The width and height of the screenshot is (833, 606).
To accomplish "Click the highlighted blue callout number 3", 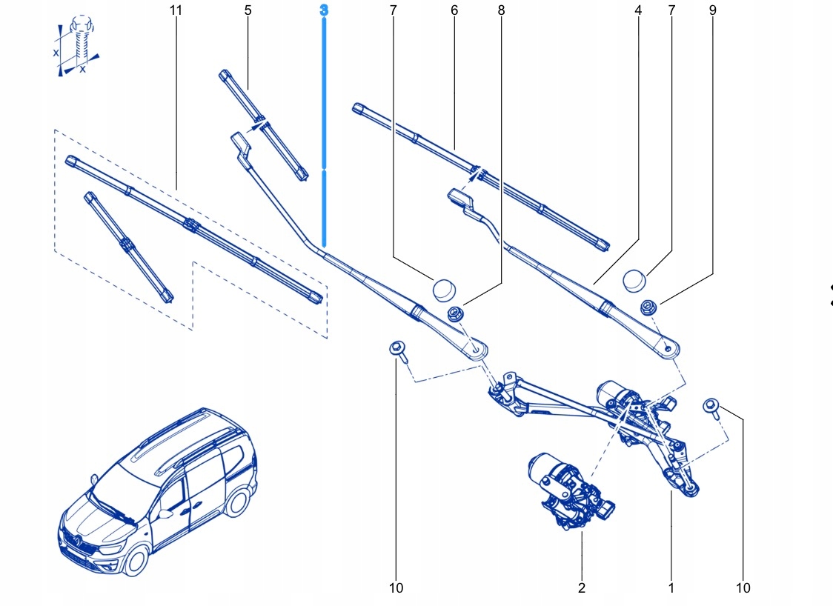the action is (x=324, y=10).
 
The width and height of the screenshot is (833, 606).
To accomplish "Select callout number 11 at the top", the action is (x=176, y=10).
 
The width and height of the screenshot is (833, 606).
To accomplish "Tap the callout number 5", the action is (x=248, y=10).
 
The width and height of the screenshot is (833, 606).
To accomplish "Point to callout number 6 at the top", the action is (x=454, y=10).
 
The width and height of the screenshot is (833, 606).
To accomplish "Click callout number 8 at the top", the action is (x=501, y=10).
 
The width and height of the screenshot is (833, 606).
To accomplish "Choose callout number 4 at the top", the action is (x=638, y=10).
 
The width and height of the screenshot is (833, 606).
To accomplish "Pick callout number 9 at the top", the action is (x=713, y=10).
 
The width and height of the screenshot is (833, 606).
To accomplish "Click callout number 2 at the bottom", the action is (x=582, y=588).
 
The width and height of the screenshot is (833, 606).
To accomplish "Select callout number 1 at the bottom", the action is (x=671, y=588).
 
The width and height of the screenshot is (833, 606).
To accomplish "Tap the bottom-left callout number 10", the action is (x=396, y=588).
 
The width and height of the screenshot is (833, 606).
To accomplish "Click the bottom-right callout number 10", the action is (x=743, y=588).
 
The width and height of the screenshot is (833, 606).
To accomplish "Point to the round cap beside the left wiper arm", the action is (x=445, y=290).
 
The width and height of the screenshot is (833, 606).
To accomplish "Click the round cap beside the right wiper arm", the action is (x=634, y=281).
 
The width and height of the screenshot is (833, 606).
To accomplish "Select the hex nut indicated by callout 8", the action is (x=455, y=313).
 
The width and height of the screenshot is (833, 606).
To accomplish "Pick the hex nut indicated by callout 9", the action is (x=648, y=307).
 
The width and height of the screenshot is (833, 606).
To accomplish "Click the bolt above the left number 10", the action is (x=399, y=352).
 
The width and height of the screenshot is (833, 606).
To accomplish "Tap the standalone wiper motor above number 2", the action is (x=569, y=490).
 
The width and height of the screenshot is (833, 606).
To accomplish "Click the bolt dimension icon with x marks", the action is (x=78, y=47).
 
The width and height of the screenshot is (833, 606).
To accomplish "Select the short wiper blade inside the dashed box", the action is (x=129, y=247).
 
